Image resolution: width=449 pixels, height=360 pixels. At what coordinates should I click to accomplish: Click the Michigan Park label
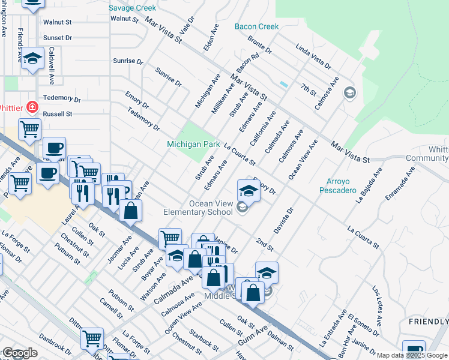pos(193,145)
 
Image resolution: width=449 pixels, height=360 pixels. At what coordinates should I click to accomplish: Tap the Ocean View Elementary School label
pos(198,208)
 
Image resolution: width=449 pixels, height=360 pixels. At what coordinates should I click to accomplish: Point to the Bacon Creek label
pos(257,26)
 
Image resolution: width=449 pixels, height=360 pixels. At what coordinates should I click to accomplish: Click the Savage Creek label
pos(132,8)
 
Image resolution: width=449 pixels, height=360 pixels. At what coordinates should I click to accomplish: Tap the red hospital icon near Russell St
pos(32,108)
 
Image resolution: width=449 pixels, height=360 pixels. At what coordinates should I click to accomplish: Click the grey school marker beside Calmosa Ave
pos(349,93)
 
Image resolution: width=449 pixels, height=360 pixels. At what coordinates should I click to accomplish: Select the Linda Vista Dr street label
pos(315,58)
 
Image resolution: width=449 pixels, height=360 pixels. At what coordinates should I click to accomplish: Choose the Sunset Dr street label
pos(58,37)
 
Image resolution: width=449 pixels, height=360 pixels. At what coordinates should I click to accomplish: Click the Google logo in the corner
pos(20,353)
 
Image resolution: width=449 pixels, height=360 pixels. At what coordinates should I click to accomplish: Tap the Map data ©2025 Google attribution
pos(412,355)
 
